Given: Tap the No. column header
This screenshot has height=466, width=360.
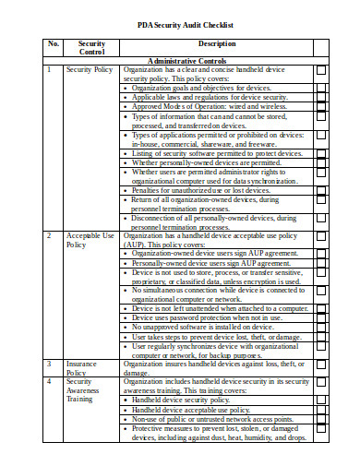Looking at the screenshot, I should click(x=53, y=43).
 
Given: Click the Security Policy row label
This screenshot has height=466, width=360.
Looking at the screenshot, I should click(x=90, y=69).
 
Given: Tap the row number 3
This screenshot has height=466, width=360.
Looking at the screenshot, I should click(x=49, y=364).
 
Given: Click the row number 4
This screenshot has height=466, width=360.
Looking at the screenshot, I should click(x=49, y=381).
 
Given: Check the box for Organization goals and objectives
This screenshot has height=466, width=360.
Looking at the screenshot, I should click(x=321, y=88).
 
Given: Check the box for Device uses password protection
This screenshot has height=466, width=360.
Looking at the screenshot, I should click(x=321, y=317).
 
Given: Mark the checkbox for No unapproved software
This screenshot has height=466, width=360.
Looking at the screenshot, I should click(x=321, y=327).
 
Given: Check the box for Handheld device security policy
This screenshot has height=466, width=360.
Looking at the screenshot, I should click(x=321, y=400).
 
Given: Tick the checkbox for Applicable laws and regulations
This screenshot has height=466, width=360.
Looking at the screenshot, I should click(x=321, y=97).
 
